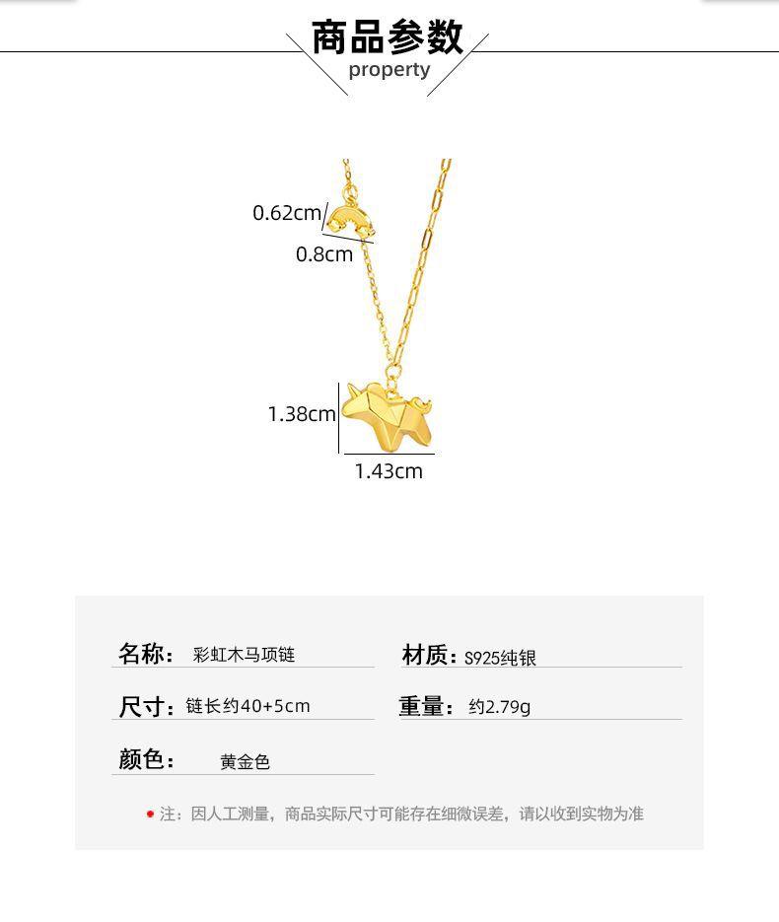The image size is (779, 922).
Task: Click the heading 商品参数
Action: (x=388, y=36)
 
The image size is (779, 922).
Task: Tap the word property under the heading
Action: (x=389, y=70)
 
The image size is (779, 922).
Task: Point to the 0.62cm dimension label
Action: (x=287, y=212)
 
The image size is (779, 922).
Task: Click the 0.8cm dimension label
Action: (x=324, y=254)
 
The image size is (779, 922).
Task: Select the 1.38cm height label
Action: (x=302, y=414)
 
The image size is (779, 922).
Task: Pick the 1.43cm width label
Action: (x=389, y=471)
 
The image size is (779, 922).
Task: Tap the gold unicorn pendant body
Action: (x=389, y=418)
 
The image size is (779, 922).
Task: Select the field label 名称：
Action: (x=146, y=654)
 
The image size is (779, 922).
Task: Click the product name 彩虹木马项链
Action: (x=244, y=655)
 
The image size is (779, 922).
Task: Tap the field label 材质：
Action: (x=429, y=656)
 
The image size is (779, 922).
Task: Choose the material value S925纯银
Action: (x=500, y=658)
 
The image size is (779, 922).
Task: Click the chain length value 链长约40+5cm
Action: (x=248, y=706)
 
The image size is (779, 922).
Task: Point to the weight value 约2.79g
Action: (x=499, y=706)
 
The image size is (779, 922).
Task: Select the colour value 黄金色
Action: (x=245, y=762)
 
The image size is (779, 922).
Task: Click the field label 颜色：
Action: (x=146, y=760)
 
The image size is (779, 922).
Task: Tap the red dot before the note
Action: (x=150, y=814)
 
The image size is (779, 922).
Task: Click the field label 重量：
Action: (x=426, y=706)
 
